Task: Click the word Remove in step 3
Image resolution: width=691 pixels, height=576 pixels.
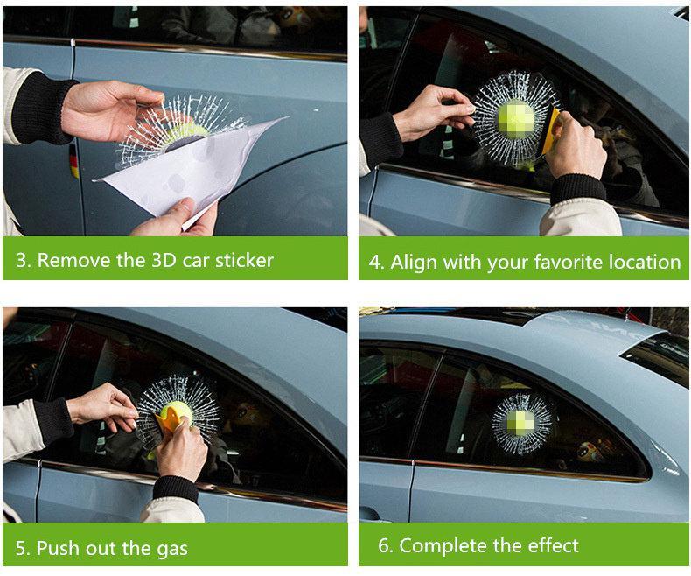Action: click(x=74, y=260)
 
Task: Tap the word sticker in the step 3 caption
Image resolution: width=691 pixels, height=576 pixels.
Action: click(x=244, y=260)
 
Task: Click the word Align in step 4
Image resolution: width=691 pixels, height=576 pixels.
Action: click(x=415, y=263)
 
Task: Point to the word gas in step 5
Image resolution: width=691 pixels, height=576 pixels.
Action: click(x=171, y=550)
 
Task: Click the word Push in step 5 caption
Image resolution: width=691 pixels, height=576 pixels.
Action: click(x=59, y=548)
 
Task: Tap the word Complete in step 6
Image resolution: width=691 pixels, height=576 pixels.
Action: click(x=443, y=545)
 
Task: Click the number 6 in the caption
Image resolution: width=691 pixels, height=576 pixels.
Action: click(x=384, y=545)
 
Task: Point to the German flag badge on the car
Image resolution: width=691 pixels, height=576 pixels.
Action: click(x=74, y=161)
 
